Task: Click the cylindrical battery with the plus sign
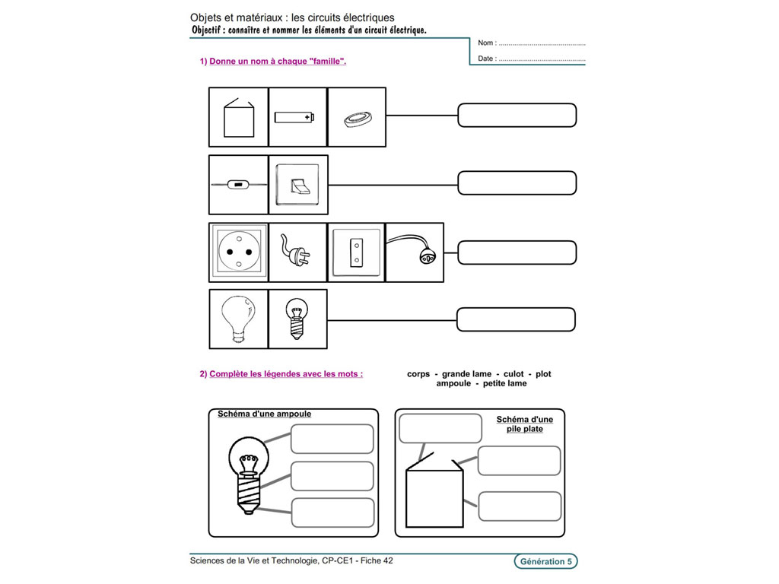294,117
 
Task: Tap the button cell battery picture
356,118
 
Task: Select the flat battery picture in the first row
237,117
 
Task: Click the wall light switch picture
298,185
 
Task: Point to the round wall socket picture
238,252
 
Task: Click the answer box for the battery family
517,116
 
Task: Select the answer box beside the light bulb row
515,319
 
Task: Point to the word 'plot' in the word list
543,374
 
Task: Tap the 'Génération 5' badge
545,562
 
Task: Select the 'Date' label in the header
486,59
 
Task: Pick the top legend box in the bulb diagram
332,439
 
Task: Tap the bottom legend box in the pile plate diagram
520,506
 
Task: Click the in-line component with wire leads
238,185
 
